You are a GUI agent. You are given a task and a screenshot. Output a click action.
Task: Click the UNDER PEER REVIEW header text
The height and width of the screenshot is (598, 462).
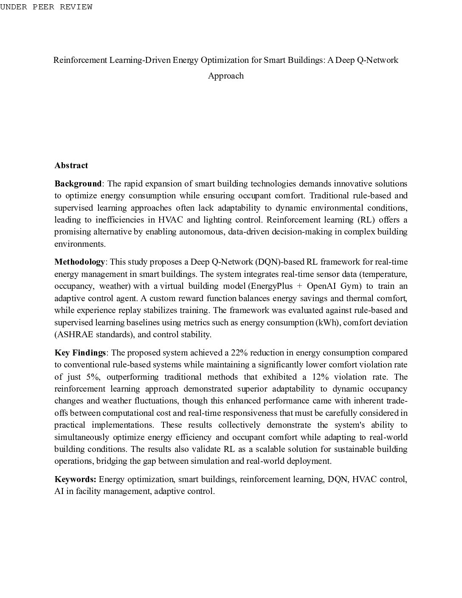(x=46, y=7)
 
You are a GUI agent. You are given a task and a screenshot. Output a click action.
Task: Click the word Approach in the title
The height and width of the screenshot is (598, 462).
(x=225, y=76)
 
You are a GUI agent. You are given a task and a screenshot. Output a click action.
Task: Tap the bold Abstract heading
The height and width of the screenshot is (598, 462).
(x=71, y=166)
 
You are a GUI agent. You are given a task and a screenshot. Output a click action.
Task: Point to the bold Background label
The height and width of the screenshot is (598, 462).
(x=78, y=184)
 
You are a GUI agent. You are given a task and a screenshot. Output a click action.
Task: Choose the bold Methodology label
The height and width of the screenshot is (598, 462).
(x=79, y=262)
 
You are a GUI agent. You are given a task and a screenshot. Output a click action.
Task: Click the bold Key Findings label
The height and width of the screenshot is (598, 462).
(x=80, y=353)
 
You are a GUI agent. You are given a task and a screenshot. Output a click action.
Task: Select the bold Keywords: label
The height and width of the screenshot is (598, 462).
(x=75, y=480)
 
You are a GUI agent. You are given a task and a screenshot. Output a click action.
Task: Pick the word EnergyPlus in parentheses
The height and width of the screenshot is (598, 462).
(x=272, y=286)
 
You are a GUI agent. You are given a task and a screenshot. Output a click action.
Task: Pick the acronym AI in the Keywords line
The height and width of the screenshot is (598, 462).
(x=59, y=491)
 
